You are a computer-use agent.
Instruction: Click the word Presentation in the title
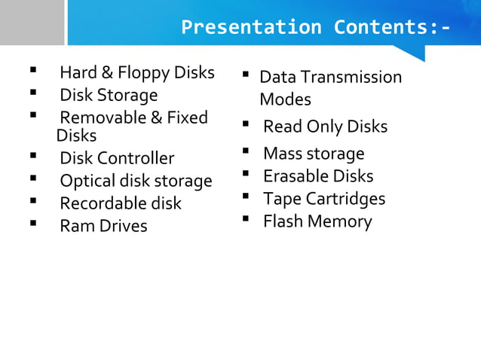pos(251,28)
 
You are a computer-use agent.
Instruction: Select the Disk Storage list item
pos(109,95)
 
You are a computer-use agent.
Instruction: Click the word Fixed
pos(188,117)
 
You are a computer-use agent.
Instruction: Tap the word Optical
pos(85,181)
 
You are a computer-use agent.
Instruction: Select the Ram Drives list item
pos(103,226)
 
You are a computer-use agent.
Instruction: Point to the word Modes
pos(285,99)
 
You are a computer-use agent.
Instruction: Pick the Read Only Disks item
pos(325,127)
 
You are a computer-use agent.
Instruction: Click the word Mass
pos(283,154)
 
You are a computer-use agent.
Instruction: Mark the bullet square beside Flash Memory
pos(246,219)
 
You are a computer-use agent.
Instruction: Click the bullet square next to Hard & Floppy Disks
pos(33,72)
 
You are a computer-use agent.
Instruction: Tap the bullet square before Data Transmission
pos(246,75)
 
